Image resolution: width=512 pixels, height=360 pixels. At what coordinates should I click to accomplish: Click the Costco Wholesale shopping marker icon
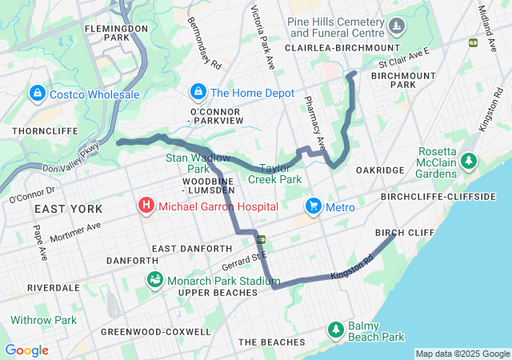pyautogui.click(x=37, y=94)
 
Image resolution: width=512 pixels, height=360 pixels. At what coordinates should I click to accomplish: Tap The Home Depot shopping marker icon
pyautogui.click(x=198, y=93)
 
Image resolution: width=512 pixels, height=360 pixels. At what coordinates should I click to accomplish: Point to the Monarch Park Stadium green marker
pyautogui.click(x=154, y=281)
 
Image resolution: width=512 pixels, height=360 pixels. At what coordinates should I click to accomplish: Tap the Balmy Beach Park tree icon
pyautogui.click(x=336, y=330)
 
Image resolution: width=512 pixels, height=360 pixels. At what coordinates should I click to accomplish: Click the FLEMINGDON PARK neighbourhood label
pyautogui.click(x=118, y=32)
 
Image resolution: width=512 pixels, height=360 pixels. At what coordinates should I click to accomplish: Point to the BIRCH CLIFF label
pyautogui.click(x=404, y=233)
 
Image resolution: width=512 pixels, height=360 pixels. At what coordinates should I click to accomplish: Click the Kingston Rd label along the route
pyautogui.click(x=352, y=270)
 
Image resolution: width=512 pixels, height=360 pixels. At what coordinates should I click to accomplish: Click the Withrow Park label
pyautogui.click(x=43, y=320)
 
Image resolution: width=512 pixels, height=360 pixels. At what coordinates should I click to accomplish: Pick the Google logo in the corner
pyautogui.click(x=26, y=350)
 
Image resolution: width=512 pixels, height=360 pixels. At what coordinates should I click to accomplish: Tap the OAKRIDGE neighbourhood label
pyautogui.click(x=379, y=170)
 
